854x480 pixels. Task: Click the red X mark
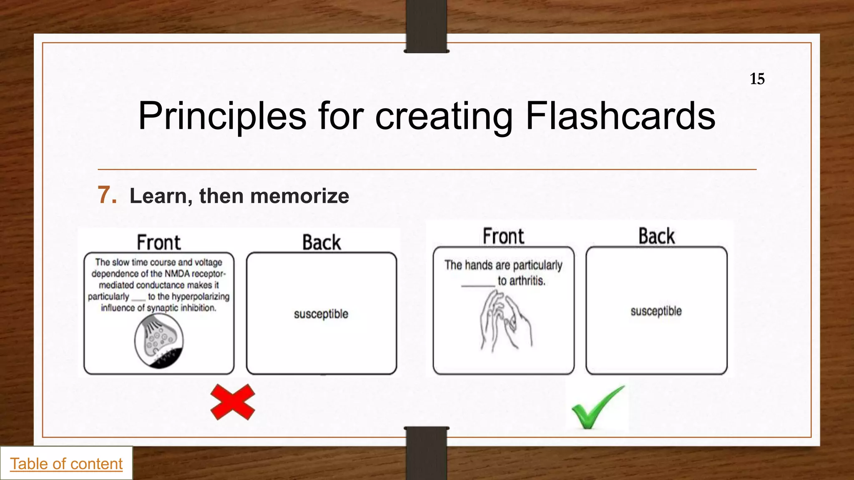[233, 402]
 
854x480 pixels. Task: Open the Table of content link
[66, 464]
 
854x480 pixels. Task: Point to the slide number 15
[757, 79]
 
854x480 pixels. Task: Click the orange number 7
[107, 195]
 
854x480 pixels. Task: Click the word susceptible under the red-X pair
[321, 314]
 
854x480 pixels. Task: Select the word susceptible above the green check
[656, 311]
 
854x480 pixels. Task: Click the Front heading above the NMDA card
[159, 242]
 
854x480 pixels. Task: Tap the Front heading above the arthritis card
[503, 236]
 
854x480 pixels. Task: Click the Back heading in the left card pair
[322, 242]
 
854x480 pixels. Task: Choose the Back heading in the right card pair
[656, 236]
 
